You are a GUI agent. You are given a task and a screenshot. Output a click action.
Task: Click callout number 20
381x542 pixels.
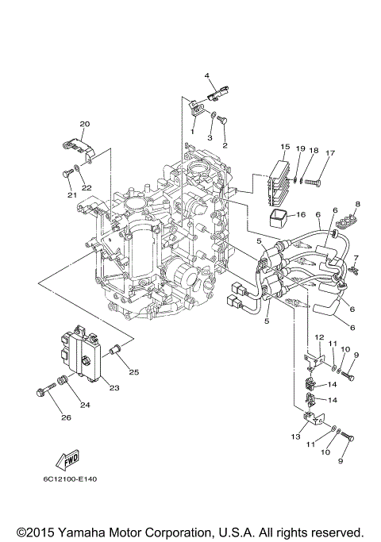[x=85, y=124]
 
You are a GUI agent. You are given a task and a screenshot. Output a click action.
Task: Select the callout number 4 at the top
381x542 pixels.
[x=206, y=76]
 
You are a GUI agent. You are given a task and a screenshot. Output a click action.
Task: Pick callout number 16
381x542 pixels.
[x=301, y=214]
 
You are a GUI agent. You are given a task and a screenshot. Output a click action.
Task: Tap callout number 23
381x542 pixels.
[x=114, y=388]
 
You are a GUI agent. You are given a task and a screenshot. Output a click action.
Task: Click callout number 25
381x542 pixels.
[x=133, y=372]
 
